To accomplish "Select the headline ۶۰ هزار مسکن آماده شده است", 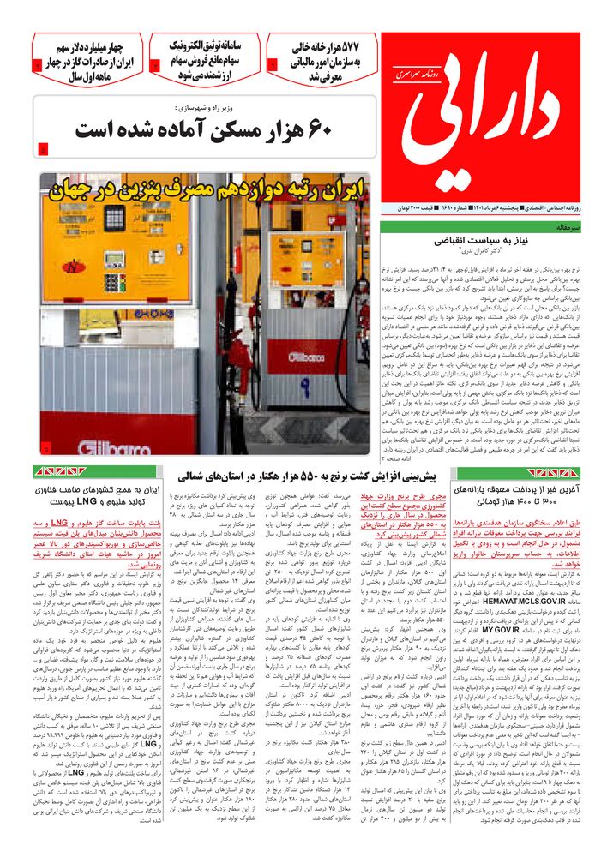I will pyautogui.click(x=202, y=129).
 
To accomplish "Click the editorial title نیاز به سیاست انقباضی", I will pyautogui.click(x=495, y=243).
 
